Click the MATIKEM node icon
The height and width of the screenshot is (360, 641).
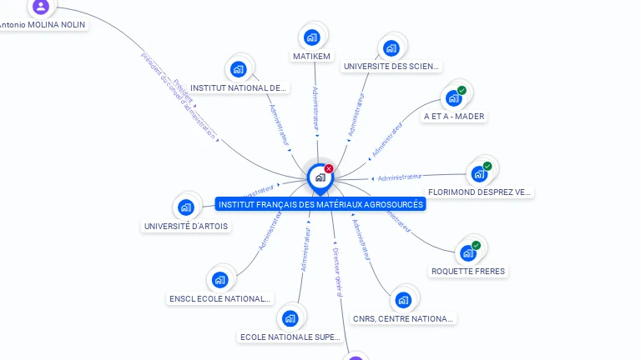[311, 37]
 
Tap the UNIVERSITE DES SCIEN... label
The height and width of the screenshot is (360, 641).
[391, 67]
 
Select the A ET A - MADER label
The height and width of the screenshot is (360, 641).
[454, 117]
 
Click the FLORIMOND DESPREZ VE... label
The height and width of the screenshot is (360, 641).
[479, 192]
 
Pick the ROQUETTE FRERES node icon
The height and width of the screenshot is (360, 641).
[467, 252]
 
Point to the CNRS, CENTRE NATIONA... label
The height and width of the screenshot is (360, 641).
[403, 318]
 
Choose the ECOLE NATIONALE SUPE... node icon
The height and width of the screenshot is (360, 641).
[290, 317]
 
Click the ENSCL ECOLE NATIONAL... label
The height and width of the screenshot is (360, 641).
[220, 298]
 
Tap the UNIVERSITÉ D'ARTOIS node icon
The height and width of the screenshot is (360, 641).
[185, 207]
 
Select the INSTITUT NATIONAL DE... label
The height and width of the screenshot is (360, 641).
[238, 87]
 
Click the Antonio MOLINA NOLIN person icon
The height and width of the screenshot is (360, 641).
[41, 7]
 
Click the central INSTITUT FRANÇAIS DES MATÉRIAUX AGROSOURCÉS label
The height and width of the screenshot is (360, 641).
[320, 204]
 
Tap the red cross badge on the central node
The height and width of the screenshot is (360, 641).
[329, 169]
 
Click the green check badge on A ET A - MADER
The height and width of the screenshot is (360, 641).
[462, 90]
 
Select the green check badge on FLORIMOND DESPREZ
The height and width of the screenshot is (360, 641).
[487, 166]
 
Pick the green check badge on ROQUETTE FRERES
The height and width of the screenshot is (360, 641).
[476, 245]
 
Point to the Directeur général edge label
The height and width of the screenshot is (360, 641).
[337, 272]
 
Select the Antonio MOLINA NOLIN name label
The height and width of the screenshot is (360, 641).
[42, 25]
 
